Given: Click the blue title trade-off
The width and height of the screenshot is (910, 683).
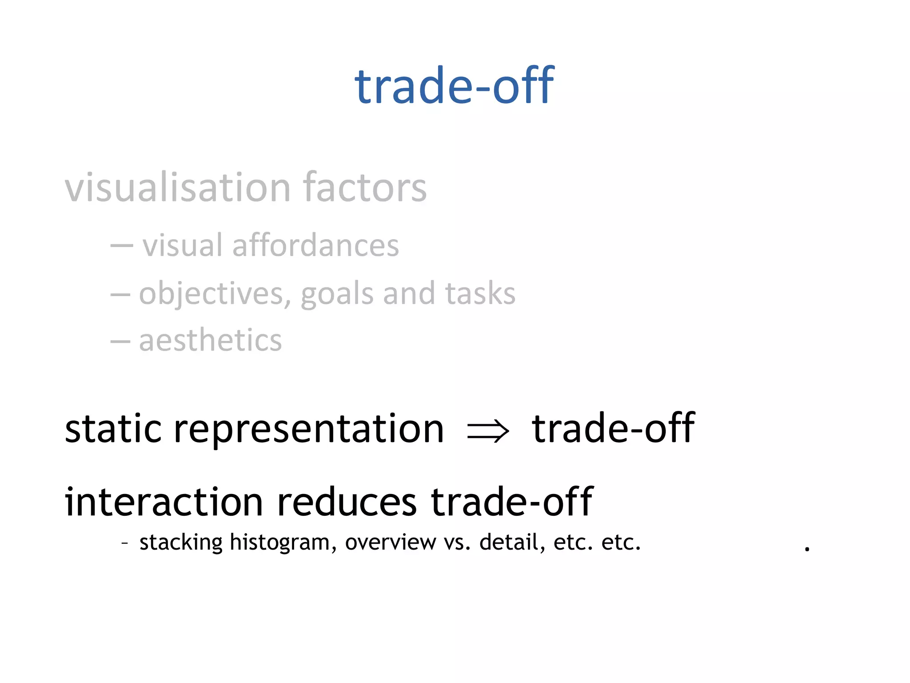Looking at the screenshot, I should (x=454, y=85).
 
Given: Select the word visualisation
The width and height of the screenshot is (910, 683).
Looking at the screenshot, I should (x=178, y=187).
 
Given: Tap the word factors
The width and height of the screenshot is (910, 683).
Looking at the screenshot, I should (x=364, y=187).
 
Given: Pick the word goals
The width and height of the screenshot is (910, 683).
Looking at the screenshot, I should (x=337, y=294).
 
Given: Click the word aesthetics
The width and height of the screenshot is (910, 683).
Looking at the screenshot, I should (x=210, y=341).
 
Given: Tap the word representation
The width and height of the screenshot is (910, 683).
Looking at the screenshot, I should (x=309, y=429).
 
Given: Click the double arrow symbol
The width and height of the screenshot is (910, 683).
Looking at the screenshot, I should (x=488, y=432).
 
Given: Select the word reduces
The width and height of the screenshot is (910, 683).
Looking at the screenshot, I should (x=347, y=502).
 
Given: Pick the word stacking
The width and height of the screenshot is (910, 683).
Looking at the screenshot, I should (x=181, y=542).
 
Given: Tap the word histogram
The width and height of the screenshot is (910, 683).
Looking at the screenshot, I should (x=283, y=542).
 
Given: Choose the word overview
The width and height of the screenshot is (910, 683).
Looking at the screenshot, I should (x=391, y=542).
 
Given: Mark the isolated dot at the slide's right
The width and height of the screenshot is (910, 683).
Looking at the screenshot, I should (x=807, y=550).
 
